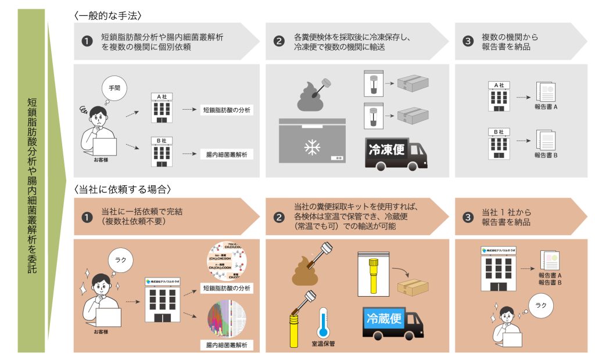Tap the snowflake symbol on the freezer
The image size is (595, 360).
coord(312,147)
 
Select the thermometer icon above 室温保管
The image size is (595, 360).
coord(322,324)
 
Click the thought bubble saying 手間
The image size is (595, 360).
coord(113,89)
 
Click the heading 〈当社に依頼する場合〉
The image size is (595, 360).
coord(123,189)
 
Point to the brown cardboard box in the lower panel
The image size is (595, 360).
coord(413,287)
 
